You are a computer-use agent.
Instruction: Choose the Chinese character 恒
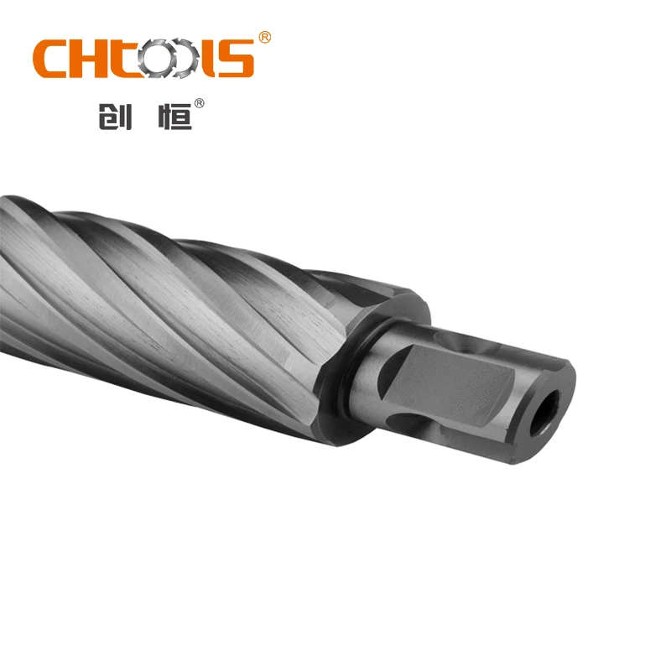174,116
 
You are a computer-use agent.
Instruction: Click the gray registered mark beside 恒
199,104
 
